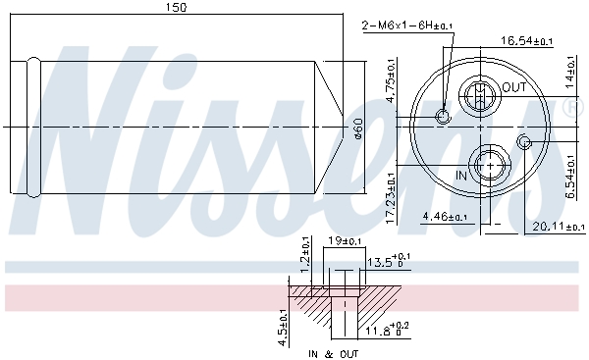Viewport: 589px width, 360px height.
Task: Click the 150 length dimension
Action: (176, 7)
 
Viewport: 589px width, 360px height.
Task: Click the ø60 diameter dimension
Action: (358, 129)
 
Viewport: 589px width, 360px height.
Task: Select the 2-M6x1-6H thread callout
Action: (406, 26)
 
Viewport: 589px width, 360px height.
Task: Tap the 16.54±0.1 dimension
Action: (526, 40)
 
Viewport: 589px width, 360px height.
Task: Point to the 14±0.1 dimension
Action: (570, 72)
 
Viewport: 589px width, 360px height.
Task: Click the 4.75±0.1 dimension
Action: (391, 80)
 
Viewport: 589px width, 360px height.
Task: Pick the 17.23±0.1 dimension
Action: (391, 198)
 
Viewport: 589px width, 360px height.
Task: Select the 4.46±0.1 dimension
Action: (445, 217)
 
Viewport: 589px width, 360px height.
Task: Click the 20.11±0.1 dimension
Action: (559, 227)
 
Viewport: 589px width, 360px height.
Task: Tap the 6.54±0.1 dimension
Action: (570, 177)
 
